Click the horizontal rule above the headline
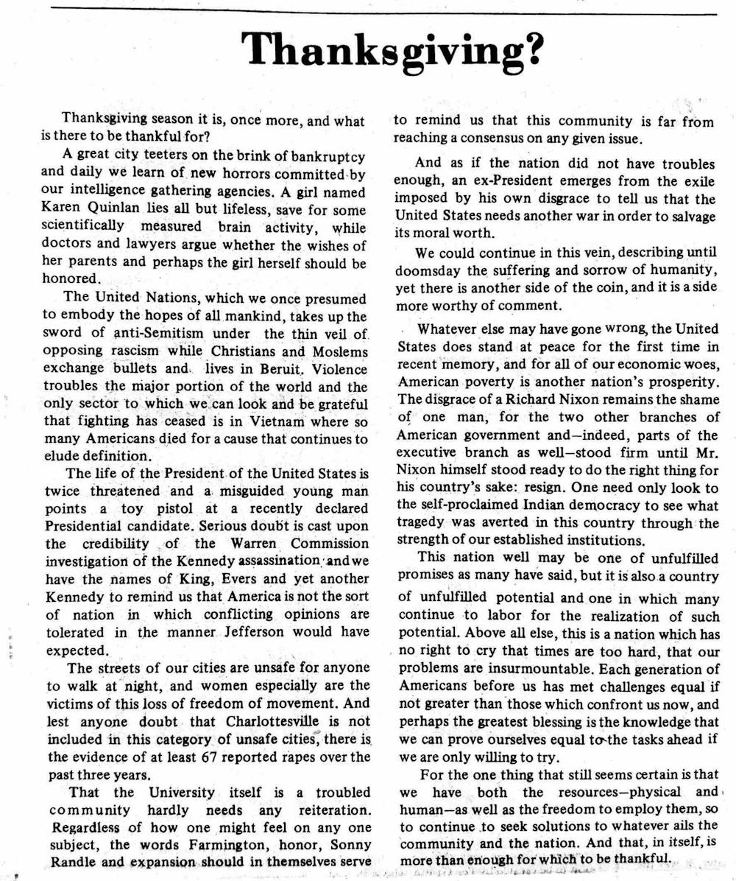click(383, 14)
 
